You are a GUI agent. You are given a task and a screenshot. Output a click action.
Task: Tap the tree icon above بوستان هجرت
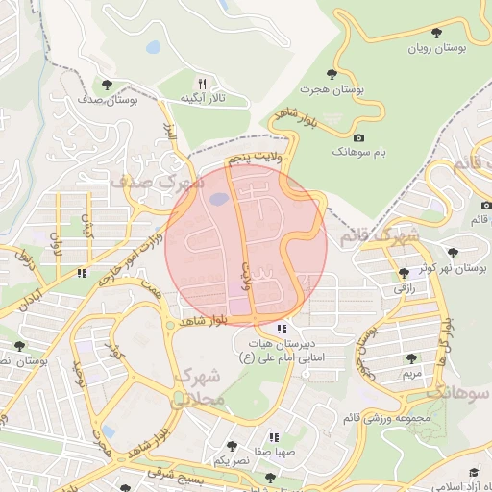[x=332, y=73]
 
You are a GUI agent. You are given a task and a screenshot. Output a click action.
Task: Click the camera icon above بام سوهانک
[x=359, y=137]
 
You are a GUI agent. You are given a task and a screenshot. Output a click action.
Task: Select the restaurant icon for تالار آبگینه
[x=202, y=84]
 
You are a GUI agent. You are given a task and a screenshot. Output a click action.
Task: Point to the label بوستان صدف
[x=109, y=99]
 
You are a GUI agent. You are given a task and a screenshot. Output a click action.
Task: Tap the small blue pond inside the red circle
[x=219, y=200]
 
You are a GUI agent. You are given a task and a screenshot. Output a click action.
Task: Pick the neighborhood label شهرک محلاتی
[x=201, y=385]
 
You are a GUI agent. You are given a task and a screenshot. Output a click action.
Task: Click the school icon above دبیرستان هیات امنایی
[x=281, y=328]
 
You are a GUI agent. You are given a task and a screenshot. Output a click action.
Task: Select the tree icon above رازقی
[x=402, y=272]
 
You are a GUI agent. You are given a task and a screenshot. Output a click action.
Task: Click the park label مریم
[x=411, y=372]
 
